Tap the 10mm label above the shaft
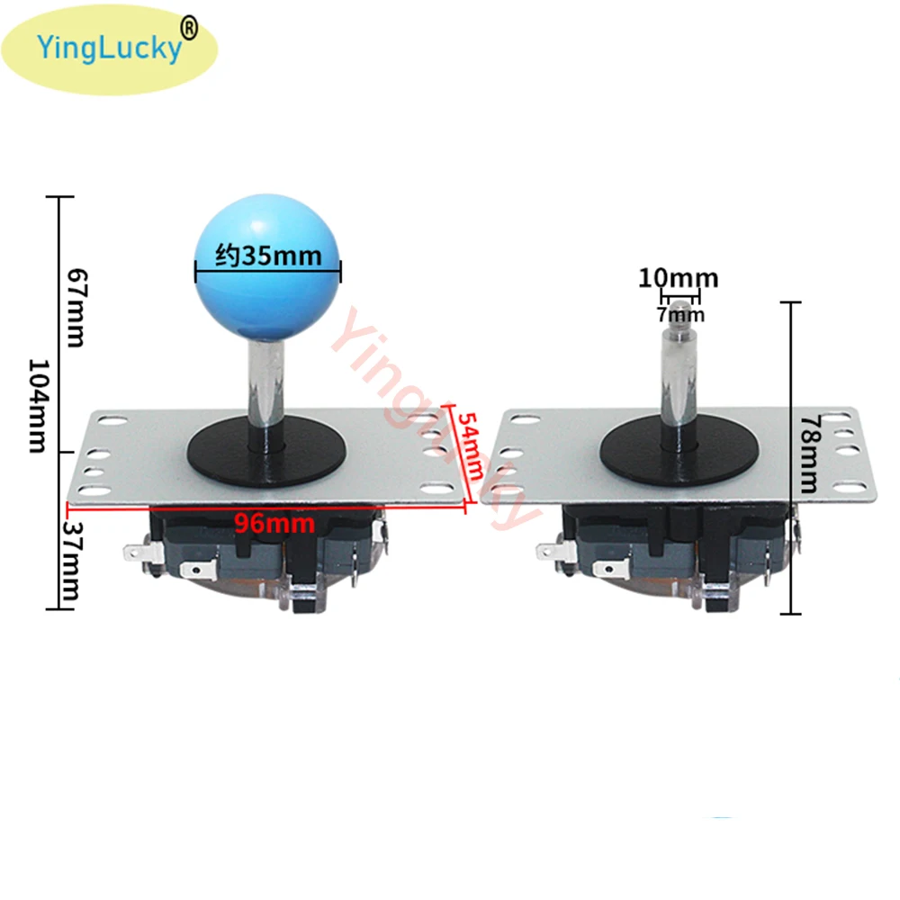point(678,278)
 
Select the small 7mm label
point(680,314)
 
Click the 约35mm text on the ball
point(268,256)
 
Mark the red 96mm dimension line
point(180,504)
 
